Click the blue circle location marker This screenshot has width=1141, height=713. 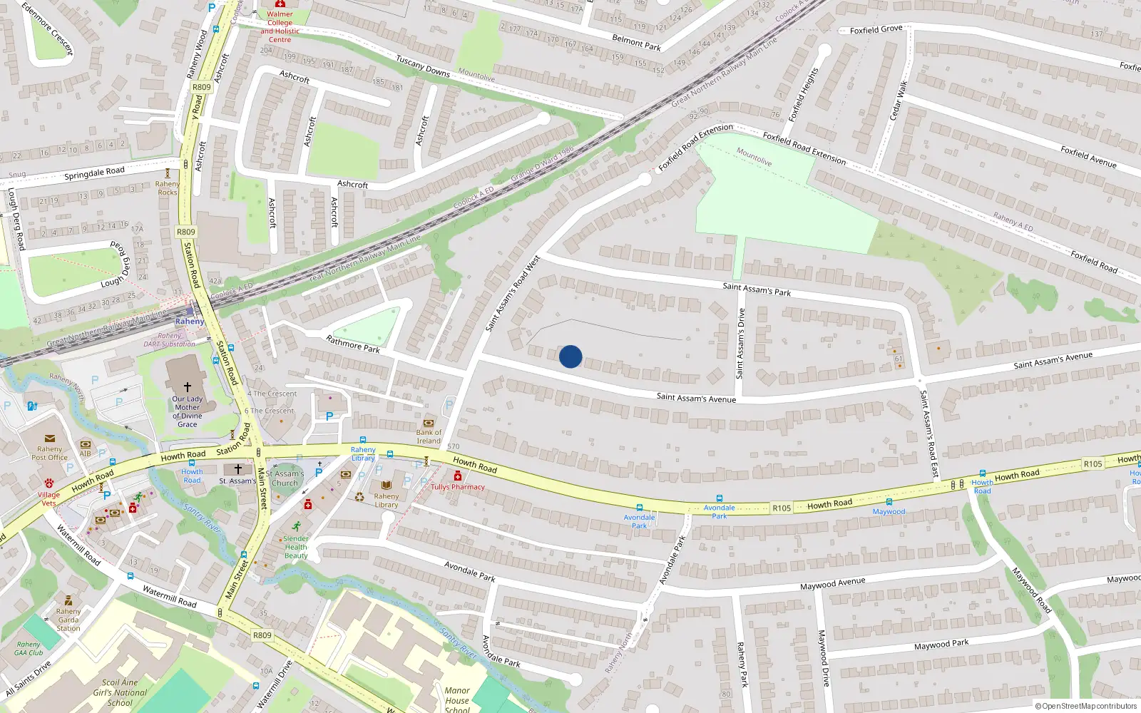coord(570,356)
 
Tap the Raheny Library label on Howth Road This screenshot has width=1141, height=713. coord(363,453)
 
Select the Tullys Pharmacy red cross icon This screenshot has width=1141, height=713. coord(458,476)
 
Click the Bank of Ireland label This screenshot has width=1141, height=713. coord(429,436)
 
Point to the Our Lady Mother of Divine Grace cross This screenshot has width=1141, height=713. coord(188,386)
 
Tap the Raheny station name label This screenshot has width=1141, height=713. coord(190,322)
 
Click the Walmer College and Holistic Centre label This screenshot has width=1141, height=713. coord(280,26)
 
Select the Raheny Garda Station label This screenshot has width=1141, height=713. coord(68,620)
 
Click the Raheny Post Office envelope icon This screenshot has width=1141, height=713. coord(49,439)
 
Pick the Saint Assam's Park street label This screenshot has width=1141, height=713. coord(757,289)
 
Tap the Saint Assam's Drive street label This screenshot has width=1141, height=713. coord(740,344)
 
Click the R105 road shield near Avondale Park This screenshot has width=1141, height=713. coord(782,508)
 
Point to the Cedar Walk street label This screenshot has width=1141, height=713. coord(897,101)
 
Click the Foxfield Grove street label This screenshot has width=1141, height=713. coord(876,29)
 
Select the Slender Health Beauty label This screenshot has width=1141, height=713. coord(296,547)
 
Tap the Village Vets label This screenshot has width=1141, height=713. coord(48,498)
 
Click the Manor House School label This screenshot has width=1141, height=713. coord(457,699)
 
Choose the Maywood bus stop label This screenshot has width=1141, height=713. coord(889,511)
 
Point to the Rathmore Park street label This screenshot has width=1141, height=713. coord(353,344)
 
